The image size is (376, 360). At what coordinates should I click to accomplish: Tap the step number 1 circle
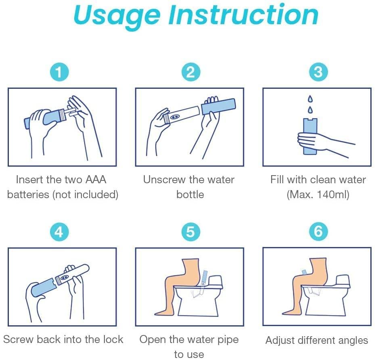pos(59,72)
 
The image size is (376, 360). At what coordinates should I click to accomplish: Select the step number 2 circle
pos(190,72)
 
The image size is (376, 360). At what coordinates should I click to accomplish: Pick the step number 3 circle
pos(318,72)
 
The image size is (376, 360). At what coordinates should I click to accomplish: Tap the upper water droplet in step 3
pos(310,98)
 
